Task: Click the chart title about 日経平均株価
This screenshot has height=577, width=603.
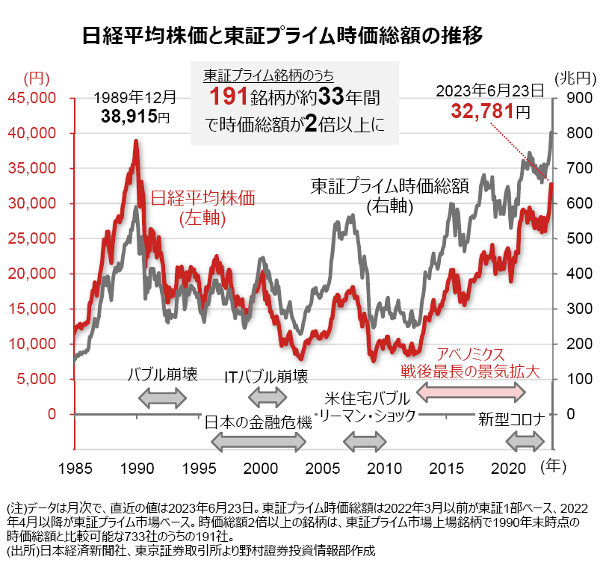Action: (x=284, y=36)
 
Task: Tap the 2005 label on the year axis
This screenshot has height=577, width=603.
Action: (x=323, y=468)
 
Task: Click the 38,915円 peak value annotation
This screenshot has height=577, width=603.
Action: (x=135, y=116)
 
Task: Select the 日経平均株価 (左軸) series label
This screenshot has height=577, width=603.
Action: (x=202, y=207)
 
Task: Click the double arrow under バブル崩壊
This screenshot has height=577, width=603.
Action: (x=164, y=398)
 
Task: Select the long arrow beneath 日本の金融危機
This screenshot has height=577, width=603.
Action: (x=259, y=442)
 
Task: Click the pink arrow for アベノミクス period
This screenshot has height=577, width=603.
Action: (x=476, y=390)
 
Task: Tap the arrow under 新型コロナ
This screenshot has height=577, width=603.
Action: (x=528, y=442)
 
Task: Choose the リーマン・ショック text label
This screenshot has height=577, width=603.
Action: (x=366, y=416)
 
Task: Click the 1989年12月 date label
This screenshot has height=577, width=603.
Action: (x=134, y=97)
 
